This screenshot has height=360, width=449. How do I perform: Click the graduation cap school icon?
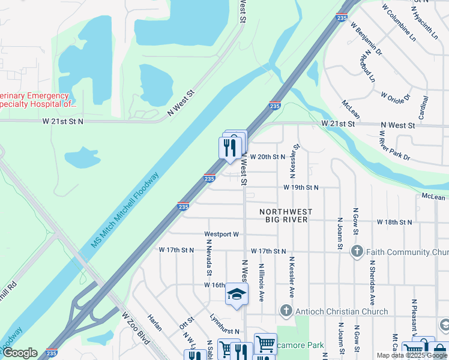(236, 295)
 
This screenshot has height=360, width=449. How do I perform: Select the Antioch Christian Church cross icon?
(286, 311)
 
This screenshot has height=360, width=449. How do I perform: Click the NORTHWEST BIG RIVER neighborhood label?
(286, 215)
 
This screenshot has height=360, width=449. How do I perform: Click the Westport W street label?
(221, 235)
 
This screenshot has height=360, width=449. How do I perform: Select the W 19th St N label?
(301, 187)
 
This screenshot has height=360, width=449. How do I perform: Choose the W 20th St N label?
(267, 157)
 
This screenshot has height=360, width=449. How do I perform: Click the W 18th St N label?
(394, 222)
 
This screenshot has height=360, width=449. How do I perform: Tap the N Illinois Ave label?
(261, 281)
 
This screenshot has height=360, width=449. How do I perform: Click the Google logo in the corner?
(20, 353)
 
